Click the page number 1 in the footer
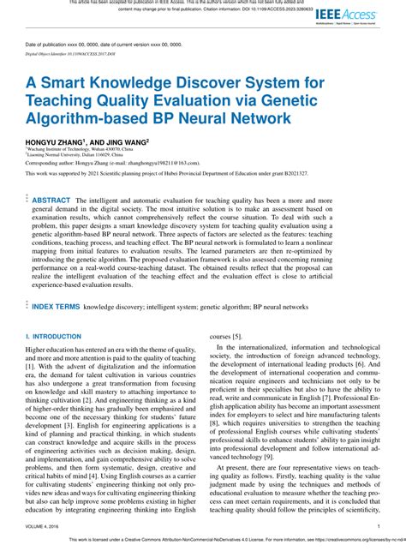[378, 527]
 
